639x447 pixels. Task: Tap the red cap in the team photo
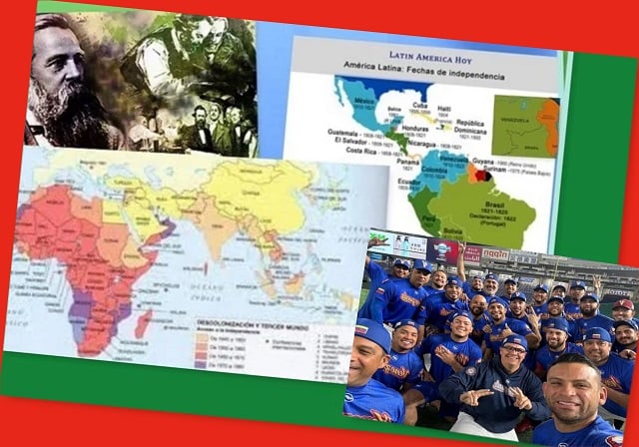pos(622,304)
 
